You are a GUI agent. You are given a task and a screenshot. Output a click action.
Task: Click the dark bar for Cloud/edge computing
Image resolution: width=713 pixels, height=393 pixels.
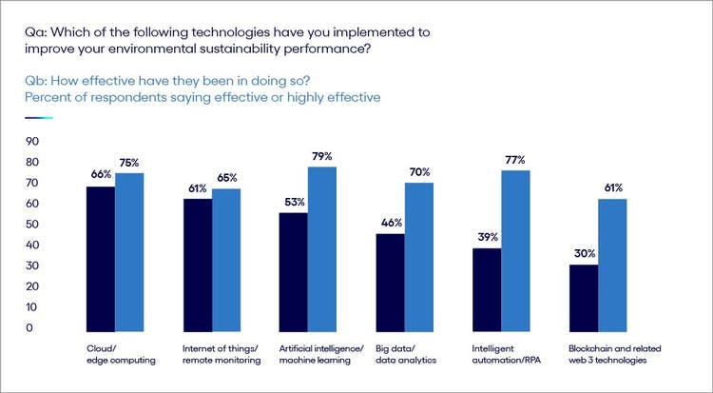tap(100, 257)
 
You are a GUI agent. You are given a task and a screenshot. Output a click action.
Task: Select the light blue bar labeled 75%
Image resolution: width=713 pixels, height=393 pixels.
tap(129, 251)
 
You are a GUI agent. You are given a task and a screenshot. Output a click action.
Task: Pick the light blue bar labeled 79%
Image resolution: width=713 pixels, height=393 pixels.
tap(322, 247)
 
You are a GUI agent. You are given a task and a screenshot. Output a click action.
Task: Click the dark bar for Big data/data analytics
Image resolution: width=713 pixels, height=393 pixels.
tap(390, 281)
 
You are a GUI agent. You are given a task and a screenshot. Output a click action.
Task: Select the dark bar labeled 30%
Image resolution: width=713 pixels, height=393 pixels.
tap(584, 297)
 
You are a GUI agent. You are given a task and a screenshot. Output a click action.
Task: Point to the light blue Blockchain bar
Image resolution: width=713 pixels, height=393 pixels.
tap(613, 265)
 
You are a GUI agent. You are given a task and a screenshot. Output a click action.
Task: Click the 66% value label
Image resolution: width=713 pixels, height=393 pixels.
tap(102, 174)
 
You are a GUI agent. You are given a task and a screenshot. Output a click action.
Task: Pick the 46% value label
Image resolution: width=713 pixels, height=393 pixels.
tap(391, 222)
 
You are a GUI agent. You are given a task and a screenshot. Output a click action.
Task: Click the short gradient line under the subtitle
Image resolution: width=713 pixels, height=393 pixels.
tap(39, 118)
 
